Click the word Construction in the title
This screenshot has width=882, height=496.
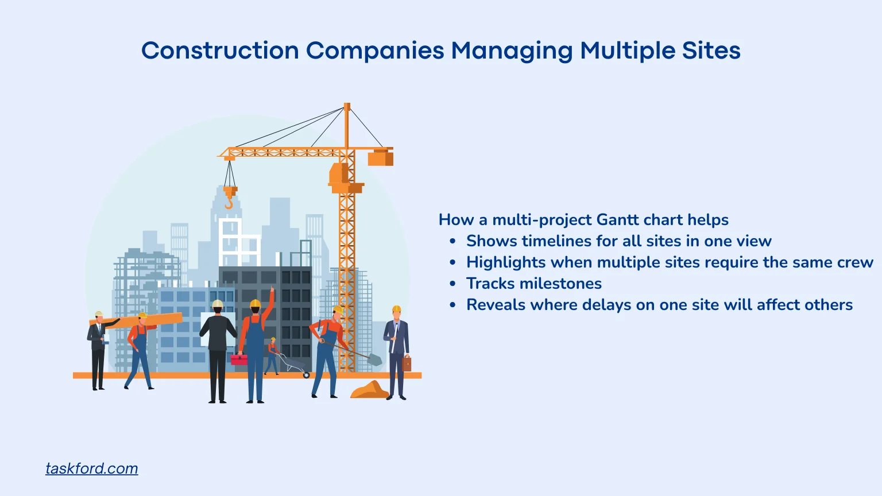coord(220,51)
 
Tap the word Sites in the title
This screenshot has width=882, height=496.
coord(711,51)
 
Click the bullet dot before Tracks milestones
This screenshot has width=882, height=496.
coord(453,284)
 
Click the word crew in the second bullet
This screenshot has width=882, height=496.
coord(855,262)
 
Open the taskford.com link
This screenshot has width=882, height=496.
coord(92,468)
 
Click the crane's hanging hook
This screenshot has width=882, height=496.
coord(229,202)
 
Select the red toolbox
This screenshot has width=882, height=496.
coord(238,360)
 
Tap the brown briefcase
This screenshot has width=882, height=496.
coord(407,363)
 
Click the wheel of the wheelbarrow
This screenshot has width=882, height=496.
coord(306,375)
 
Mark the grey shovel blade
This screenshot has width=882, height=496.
coord(376,359)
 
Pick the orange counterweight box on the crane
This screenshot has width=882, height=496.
coord(380,158)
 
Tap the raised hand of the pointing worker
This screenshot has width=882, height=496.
coord(272,290)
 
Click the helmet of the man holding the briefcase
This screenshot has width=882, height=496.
coord(396,309)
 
